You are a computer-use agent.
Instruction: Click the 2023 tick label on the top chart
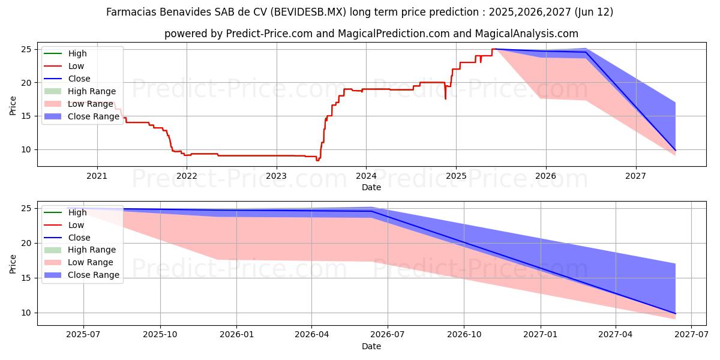pyautogui.click(x=276, y=176)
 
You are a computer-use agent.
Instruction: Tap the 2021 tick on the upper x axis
pyautogui.click(x=97, y=176)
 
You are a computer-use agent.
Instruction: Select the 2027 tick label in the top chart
pyautogui.click(x=635, y=176)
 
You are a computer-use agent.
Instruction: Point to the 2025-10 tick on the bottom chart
pyautogui.click(x=160, y=335)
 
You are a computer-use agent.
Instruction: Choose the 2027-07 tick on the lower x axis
pyautogui.click(x=692, y=335)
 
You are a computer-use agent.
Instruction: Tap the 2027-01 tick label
pyautogui.click(x=541, y=335)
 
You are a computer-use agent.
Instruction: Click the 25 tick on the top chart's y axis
pyautogui.click(x=28, y=49)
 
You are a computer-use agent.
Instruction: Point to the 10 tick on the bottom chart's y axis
pyautogui.click(x=28, y=313)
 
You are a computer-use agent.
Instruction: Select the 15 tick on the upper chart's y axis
pyautogui.click(x=28, y=116)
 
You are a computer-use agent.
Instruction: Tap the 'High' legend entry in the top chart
pyautogui.click(x=77, y=53)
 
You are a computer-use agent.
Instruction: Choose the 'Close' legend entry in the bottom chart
pyautogui.click(x=79, y=238)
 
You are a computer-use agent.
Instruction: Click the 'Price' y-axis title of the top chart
pyautogui.click(x=13, y=105)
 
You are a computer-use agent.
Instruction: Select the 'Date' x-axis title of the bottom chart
pyautogui.click(x=371, y=346)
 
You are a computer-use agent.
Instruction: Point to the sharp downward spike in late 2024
pyautogui.click(x=445, y=98)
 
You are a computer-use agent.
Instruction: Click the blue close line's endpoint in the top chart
pyautogui.click(x=675, y=150)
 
